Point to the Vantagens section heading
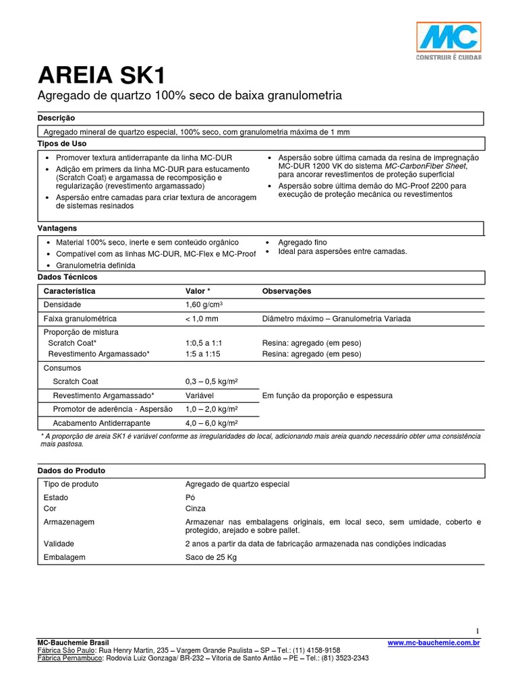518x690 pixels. (x=59, y=229)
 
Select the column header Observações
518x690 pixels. (x=286, y=291)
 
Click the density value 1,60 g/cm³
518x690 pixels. (x=204, y=305)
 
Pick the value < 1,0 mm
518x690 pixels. (x=202, y=319)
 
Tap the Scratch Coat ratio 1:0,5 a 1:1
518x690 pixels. (x=204, y=343)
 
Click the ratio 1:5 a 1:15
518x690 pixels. (x=203, y=354)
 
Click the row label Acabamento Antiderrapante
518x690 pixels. (x=101, y=423)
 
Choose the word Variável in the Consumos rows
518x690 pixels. (x=201, y=396)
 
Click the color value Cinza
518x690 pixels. (x=196, y=509)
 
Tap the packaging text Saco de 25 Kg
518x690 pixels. (x=211, y=557)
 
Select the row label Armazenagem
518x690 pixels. (x=69, y=522)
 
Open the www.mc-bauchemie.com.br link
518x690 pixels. (x=434, y=644)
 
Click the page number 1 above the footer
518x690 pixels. (x=478, y=631)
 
